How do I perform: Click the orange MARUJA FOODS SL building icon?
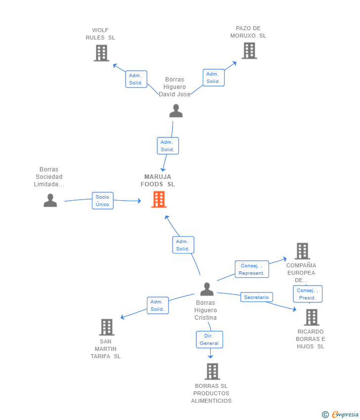click(x=159, y=199)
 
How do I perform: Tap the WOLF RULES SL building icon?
click(x=101, y=53)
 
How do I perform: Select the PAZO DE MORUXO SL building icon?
click(x=249, y=50)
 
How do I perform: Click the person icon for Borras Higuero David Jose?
click(x=176, y=111)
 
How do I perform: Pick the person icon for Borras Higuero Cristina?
click(x=207, y=289)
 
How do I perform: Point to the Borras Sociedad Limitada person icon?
click(x=50, y=200)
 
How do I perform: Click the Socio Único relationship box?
click(x=103, y=201)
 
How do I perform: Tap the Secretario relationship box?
click(x=257, y=297)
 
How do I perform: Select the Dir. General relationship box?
click(x=209, y=339)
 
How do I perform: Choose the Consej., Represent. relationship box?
click(x=252, y=269)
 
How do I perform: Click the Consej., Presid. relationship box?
click(x=308, y=294)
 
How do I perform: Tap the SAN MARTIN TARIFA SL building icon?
click(x=107, y=327)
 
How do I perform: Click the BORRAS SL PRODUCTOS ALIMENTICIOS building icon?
click(x=212, y=372)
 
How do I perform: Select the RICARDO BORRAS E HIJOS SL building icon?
click(x=312, y=317)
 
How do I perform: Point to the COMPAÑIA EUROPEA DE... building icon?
click(x=302, y=251)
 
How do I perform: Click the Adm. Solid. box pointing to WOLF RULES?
click(x=136, y=79)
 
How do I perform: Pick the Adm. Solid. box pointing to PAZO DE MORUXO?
click(x=214, y=78)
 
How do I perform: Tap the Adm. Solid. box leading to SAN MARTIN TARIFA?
click(x=158, y=305)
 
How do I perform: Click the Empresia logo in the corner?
click(x=340, y=415)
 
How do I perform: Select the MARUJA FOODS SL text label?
click(x=158, y=180)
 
